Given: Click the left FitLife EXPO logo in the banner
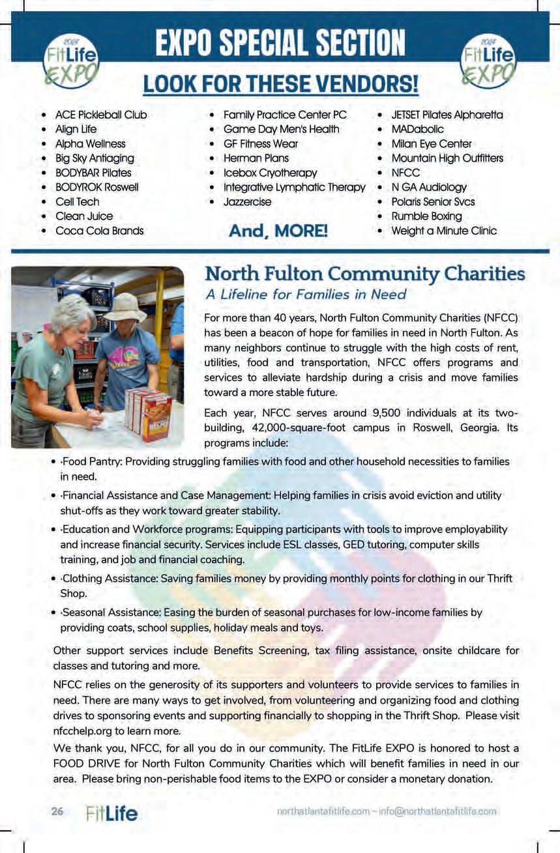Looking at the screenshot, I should coord(70,60).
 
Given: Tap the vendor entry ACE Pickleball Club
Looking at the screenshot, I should coord(100,115).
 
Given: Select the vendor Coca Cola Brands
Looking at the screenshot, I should coord(99,231).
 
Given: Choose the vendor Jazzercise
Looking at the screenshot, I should coord(247,201).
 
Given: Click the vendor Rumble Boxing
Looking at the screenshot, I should coord(426,216).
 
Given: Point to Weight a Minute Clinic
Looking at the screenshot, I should coord(443,231).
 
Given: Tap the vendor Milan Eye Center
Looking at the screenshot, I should coord(431,143).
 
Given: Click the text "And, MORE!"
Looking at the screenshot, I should coord(278,231).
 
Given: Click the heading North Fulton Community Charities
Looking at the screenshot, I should coord(364,273).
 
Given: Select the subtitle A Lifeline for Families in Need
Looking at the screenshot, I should coord(306,295).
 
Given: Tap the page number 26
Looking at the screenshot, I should coord(57,812).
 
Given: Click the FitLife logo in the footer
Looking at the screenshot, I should coord(111,813).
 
